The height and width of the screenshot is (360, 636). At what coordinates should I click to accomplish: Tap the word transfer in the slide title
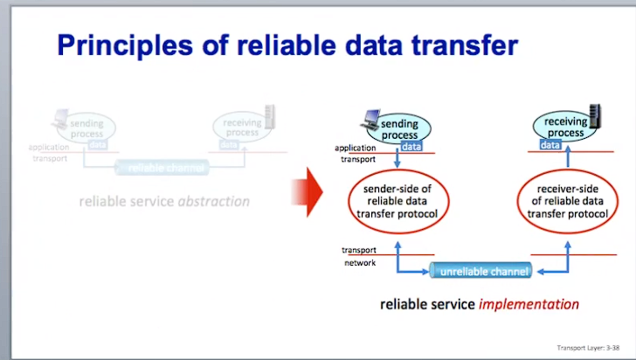point(461,45)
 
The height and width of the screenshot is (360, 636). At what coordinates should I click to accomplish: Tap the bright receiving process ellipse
point(564,128)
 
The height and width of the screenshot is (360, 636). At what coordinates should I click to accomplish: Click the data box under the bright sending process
point(411,148)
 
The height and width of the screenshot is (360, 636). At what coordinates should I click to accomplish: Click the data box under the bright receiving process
point(550,145)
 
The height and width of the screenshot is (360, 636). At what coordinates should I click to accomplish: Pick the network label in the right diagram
point(359,263)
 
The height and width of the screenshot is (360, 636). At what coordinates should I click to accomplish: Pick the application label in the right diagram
point(356,149)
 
